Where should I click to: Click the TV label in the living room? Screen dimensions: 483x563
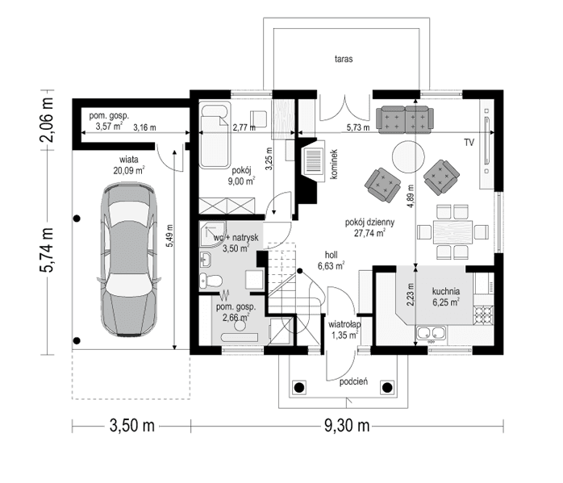[469, 143]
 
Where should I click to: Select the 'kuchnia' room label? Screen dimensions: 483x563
[445, 292]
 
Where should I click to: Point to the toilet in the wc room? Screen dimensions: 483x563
[211, 280]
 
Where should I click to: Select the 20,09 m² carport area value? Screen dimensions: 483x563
[129, 170]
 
